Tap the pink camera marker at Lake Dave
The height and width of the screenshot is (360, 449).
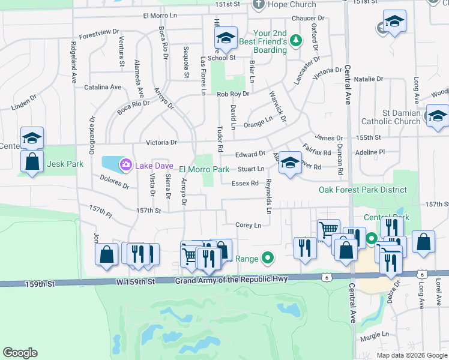[x=126, y=164]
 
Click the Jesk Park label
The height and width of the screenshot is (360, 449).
[x=62, y=164]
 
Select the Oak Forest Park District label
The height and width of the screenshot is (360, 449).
[x=363, y=190]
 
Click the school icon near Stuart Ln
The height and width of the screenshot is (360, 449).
[x=290, y=163]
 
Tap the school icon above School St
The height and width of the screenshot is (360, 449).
[x=226, y=39]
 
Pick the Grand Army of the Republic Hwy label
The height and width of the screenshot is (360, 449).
[x=231, y=280]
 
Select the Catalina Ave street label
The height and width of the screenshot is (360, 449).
[x=103, y=87]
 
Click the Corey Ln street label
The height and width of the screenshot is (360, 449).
[x=249, y=225]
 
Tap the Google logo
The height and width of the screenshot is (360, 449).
[x=20, y=353]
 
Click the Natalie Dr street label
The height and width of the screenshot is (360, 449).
[x=368, y=79]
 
